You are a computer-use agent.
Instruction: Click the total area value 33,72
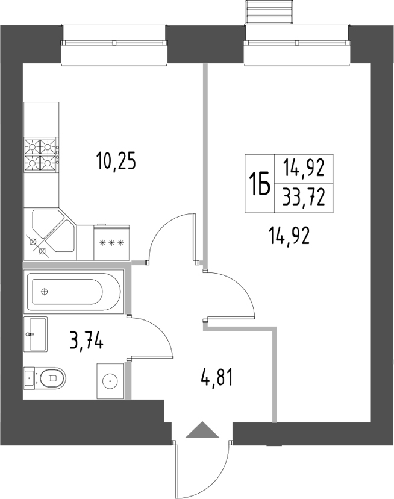(x=304, y=197)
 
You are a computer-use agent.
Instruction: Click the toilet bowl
(x=49, y=378)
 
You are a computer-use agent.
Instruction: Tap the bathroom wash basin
(x=36, y=334)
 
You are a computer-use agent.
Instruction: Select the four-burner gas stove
(x=41, y=155)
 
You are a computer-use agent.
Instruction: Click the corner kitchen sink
(x=51, y=234)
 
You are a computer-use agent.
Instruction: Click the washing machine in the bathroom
(x=110, y=380)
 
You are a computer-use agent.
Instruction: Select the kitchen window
(x=114, y=42)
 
